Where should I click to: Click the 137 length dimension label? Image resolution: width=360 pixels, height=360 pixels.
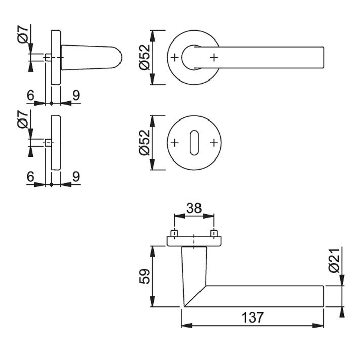252,317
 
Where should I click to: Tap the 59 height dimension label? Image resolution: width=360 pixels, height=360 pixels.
145,276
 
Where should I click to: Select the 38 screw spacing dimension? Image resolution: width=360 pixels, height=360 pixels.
194,208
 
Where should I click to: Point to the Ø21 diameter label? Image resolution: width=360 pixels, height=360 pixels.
334,260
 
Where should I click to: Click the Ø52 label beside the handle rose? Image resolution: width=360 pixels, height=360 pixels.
145,57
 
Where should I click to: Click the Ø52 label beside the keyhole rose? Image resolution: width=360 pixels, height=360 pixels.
145,143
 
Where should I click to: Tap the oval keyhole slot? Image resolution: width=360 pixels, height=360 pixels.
194,143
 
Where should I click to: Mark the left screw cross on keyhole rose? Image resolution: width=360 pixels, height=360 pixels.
175,143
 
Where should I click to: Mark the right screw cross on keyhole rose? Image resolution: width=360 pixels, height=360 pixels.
214,143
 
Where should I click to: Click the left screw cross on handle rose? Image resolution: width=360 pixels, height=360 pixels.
175,57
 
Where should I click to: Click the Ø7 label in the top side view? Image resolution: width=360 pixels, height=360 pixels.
23,34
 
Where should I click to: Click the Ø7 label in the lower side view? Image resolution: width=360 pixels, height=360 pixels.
23,119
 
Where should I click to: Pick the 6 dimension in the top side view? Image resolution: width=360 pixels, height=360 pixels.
30,95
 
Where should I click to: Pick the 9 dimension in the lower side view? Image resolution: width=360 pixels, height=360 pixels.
76,177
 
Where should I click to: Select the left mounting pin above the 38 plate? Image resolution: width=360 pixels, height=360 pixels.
175,233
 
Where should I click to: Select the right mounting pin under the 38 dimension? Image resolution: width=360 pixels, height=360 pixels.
214,233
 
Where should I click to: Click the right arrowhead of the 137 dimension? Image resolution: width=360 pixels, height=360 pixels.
318,326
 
